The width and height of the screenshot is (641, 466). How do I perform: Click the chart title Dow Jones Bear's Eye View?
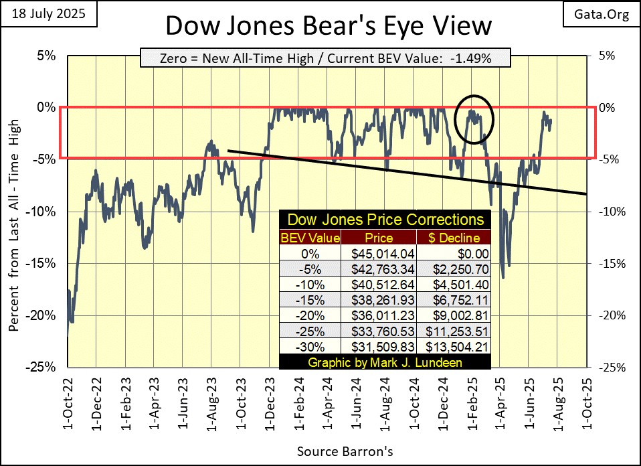coord(327,26)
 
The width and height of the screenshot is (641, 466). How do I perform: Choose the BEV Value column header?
coord(310,238)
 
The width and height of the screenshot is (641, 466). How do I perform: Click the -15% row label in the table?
coord(310,300)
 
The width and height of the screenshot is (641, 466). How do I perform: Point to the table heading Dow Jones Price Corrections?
coord(385,220)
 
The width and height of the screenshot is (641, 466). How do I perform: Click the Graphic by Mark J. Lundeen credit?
coord(385,362)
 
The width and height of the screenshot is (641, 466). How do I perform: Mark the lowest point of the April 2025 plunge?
coord(502,278)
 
